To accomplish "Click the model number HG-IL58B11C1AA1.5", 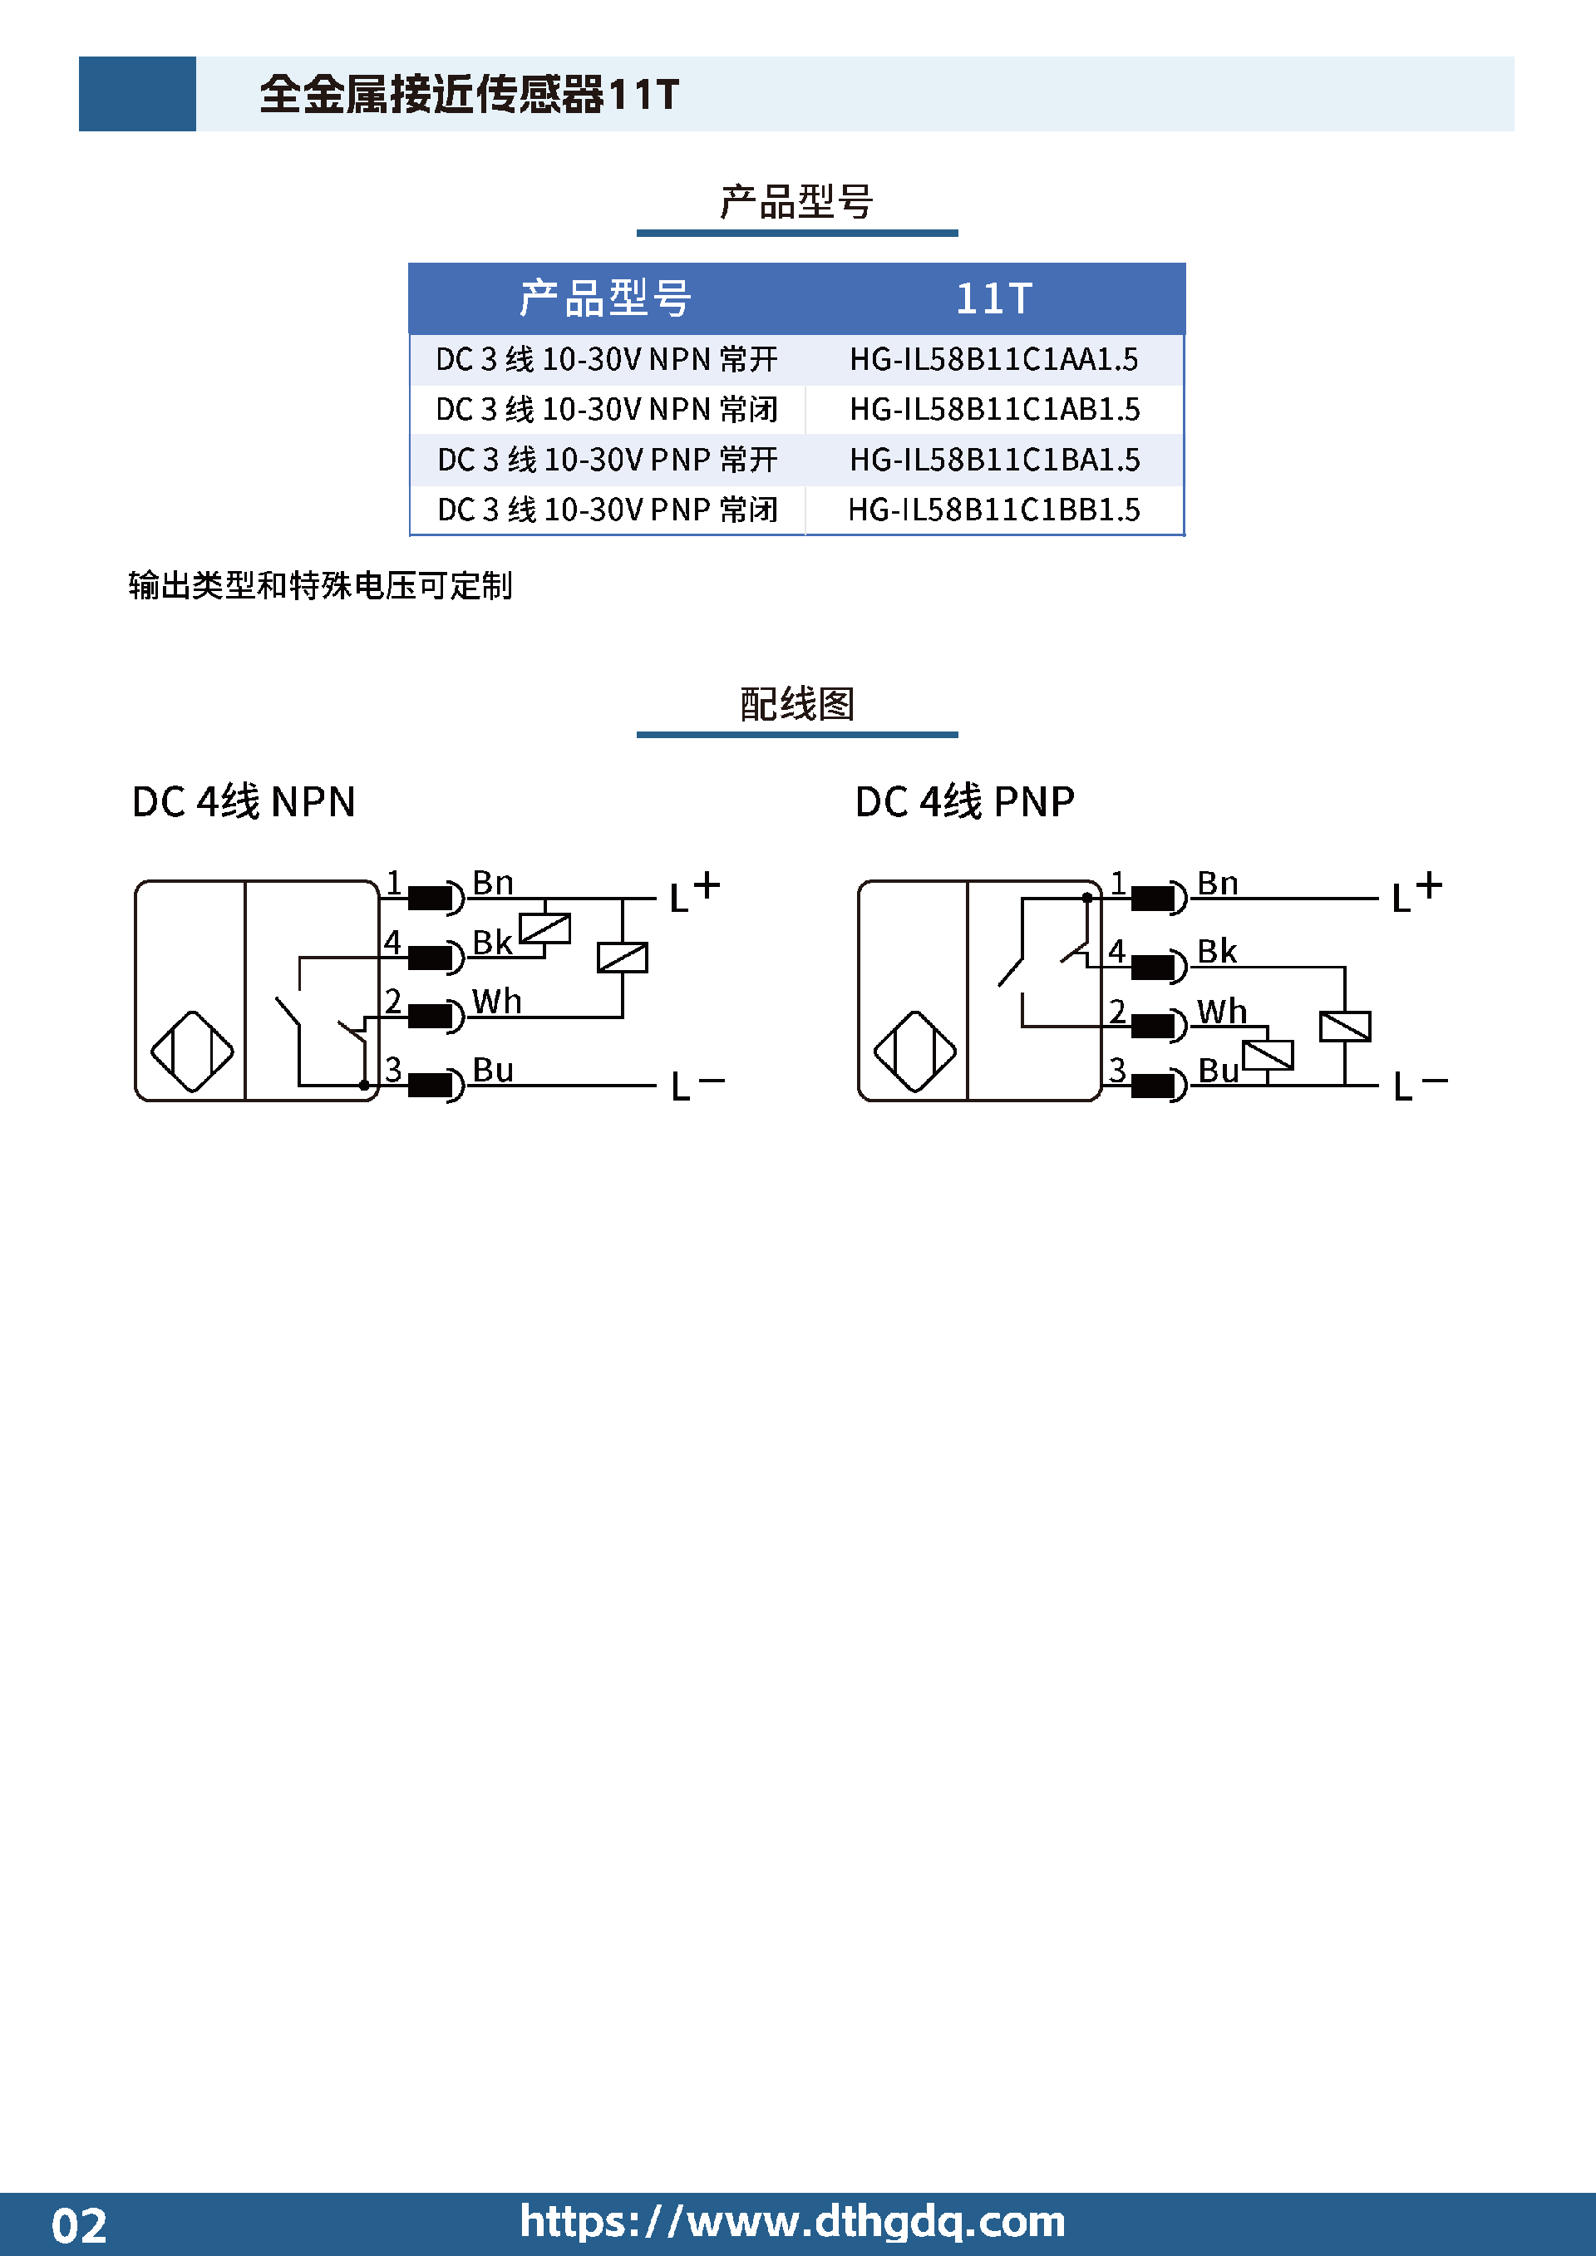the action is click(993, 360).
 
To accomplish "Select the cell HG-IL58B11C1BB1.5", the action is click(993, 510).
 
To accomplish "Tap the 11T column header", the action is click(993, 298).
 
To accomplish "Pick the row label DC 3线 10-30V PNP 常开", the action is click(608, 460).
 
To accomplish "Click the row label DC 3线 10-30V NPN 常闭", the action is click(606, 410).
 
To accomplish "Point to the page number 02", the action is click(79, 2225).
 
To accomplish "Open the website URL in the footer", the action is click(792, 2222).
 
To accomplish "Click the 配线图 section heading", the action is click(797, 703).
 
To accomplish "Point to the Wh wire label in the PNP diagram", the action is click(1222, 1011).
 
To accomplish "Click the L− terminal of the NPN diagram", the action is click(697, 1086).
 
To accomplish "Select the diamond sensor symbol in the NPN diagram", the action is click(193, 1052).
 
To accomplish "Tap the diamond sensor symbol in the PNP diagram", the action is click(915, 1052).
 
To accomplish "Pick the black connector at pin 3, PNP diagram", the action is click(1153, 1086).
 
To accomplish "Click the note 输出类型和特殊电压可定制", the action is click(320, 586).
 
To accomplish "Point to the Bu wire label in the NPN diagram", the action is click(492, 1070).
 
